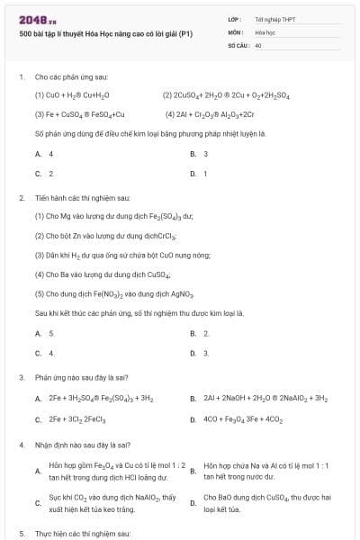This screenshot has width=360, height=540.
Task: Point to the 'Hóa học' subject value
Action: click(266, 31)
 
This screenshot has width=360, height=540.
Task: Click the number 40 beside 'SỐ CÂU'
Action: click(258, 44)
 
